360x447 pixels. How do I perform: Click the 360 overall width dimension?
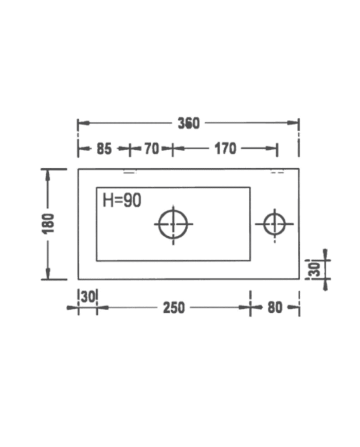click(x=188, y=123)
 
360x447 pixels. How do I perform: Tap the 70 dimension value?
click(x=151, y=149)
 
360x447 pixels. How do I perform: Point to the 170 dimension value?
click(x=225, y=149)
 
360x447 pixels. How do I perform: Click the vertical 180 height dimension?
click(x=48, y=224)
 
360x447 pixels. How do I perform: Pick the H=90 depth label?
click(x=122, y=200)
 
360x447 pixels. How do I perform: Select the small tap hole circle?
click(x=274, y=224)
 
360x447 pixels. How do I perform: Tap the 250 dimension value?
click(x=174, y=308)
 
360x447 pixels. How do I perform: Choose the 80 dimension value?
click(x=275, y=308)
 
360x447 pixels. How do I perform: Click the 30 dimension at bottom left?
click(x=88, y=296)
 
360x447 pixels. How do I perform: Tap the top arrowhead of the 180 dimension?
click(x=48, y=173)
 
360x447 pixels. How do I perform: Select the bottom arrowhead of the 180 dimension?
click(x=48, y=275)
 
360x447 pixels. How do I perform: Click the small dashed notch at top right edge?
click(x=277, y=172)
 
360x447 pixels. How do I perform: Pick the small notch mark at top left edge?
click(x=129, y=172)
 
